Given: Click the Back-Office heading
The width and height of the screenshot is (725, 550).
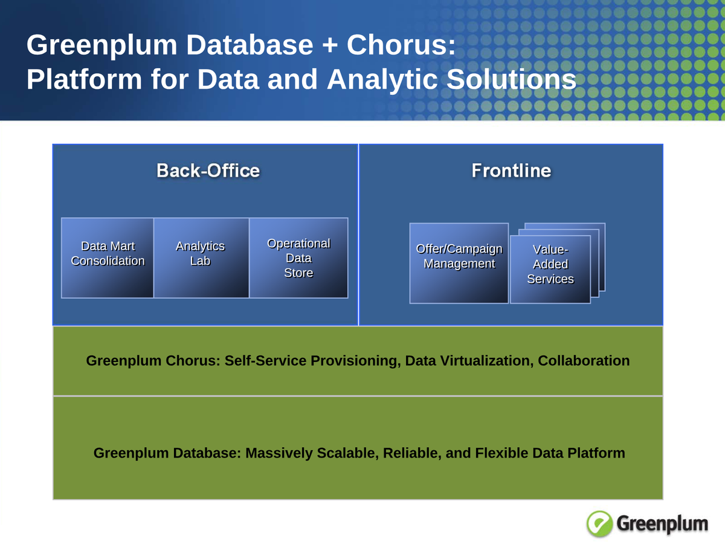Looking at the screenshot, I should click(208, 170).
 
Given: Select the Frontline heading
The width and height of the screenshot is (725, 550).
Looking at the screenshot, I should click(511, 170).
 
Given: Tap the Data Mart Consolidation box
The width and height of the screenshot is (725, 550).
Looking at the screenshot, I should click(108, 257).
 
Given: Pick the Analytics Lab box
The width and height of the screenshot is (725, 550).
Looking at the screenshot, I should click(200, 257).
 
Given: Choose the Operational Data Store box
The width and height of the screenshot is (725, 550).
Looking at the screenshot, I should click(298, 258).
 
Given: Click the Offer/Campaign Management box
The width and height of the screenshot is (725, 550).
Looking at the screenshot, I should click(459, 263).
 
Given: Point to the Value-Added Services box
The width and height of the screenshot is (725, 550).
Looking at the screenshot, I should click(550, 269).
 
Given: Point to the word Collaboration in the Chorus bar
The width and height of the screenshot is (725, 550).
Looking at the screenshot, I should click(584, 361).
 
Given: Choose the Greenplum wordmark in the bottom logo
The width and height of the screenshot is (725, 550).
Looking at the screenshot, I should click(662, 523).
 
